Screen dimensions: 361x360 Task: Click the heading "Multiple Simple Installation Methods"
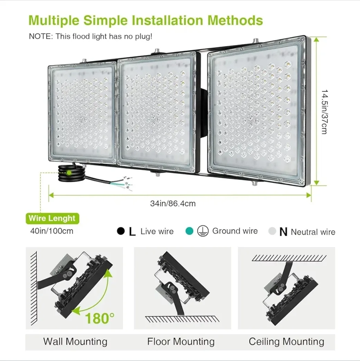pyautogui.click(x=145, y=20)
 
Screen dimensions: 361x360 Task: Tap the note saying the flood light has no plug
pyautogui.click(x=90, y=36)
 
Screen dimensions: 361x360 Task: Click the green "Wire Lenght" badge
pyautogui.click(x=52, y=218)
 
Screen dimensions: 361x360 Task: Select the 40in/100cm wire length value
pyautogui.click(x=52, y=231)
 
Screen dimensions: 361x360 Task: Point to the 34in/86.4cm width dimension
pyautogui.click(x=173, y=204)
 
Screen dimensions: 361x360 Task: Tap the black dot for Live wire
pyautogui.click(x=120, y=232)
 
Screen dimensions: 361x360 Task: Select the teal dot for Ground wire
pyautogui.click(x=189, y=231)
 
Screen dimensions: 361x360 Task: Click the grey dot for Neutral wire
pyautogui.click(x=272, y=232)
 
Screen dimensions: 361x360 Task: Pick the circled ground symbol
pyautogui.click(x=203, y=232)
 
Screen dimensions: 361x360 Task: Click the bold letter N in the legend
pyautogui.click(x=283, y=232)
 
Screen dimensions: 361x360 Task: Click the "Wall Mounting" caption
pyautogui.click(x=75, y=342)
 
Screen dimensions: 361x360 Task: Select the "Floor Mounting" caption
pyautogui.click(x=181, y=342)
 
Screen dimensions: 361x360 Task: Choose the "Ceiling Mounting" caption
pyautogui.click(x=286, y=342)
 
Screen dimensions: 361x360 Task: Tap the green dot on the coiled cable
pyautogui.click(x=69, y=172)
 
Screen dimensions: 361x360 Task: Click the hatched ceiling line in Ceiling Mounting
pyautogui.click(x=287, y=258)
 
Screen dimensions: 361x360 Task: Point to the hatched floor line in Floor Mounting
pyautogui.click(x=179, y=319)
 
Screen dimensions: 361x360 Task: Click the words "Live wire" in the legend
pyautogui.click(x=157, y=232)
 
